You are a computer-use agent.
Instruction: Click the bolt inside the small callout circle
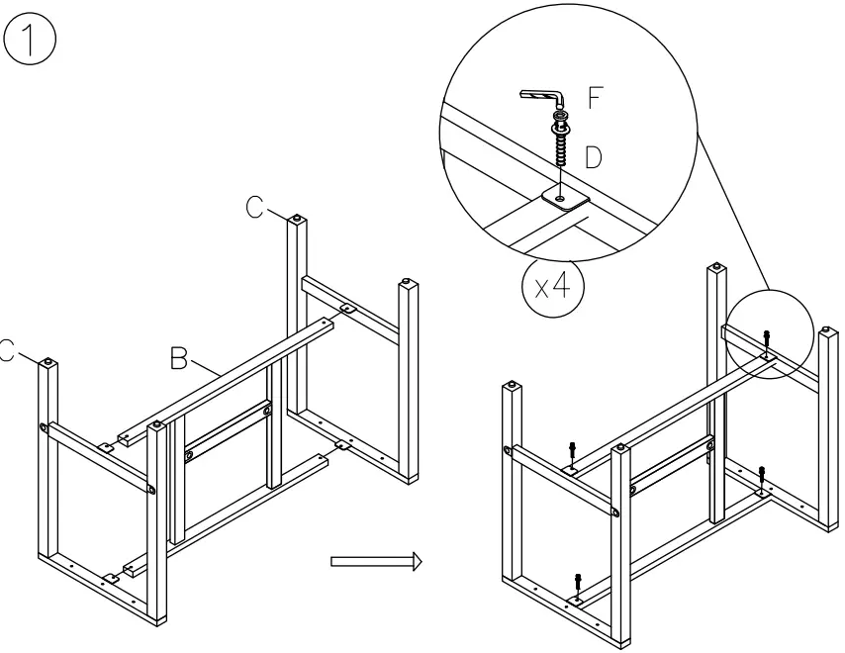click(769, 340)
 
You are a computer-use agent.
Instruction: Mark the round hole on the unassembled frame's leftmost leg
click(46, 427)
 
